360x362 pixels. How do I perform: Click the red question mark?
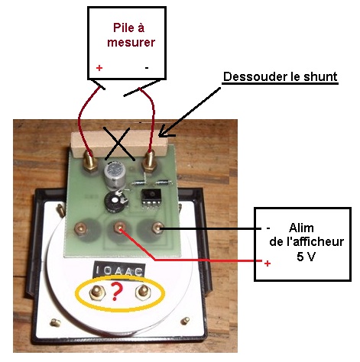point(117,292)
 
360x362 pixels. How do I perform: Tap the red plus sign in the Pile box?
point(99,68)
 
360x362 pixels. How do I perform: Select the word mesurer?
point(131,42)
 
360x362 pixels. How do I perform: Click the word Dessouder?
point(255,76)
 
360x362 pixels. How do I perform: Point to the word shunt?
point(321,76)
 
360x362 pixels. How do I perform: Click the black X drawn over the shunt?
point(118,144)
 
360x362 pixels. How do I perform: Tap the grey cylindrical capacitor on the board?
point(115,175)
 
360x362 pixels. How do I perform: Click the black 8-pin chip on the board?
point(151,199)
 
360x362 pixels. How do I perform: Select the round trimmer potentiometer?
point(115,202)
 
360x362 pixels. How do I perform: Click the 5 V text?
point(306,257)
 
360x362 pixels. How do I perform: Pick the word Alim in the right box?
point(301,228)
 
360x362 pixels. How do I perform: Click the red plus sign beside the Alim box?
point(268,263)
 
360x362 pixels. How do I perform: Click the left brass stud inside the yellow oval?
point(96,292)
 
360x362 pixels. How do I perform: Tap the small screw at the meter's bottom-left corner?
point(55,323)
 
